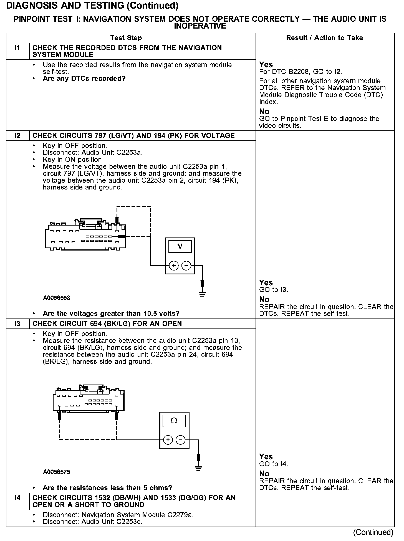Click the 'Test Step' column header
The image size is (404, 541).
click(x=126, y=38)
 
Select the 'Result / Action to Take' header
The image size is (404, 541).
click(x=324, y=38)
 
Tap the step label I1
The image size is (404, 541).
click(x=17, y=48)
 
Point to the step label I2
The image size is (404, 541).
click(x=17, y=136)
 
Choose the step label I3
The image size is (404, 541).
click(x=17, y=324)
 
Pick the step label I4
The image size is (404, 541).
click(x=17, y=498)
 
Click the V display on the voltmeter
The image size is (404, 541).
click(x=180, y=246)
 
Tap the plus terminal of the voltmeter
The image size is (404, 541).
click(x=174, y=266)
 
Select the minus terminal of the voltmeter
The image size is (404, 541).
click(x=186, y=266)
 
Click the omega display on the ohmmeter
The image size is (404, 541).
click(x=174, y=421)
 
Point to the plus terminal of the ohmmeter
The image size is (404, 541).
click(x=168, y=440)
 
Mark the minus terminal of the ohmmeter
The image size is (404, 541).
click(x=180, y=440)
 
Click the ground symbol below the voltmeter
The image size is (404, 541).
click(x=202, y=294)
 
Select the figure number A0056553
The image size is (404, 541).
click(x=57, y=298)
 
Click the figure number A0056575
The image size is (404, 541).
click(x=57, y=472)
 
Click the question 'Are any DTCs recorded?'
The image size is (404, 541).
click(x=84, y=79)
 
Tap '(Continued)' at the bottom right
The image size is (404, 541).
click(x=373, y=532)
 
